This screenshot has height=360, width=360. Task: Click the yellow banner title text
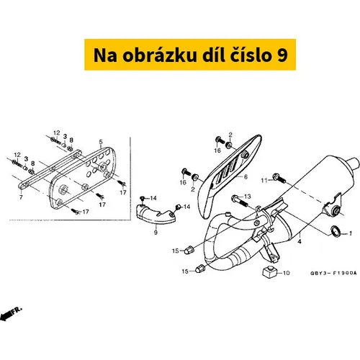[x=190, y=55]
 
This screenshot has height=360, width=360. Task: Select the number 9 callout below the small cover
[x=156, y=233]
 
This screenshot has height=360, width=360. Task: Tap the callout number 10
[x=287, y=273]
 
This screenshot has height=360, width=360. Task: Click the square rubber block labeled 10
[x=269, y=272]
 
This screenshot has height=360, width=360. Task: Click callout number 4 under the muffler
[x=300, y=241]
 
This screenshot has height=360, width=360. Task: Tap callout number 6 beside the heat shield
[x=246, y=177]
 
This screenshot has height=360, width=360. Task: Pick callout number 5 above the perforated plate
[x=101, y=142]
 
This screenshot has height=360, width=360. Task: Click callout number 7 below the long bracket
[x=21, y=197]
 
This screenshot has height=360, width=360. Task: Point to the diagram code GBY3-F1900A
[x=333, y=273]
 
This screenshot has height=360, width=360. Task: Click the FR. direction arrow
[x=11, y=313]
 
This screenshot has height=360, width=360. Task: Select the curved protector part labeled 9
[x=156, y=213]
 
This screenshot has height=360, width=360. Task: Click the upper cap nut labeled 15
[x=189, y=250]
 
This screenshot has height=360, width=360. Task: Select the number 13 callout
[x=247, y=197]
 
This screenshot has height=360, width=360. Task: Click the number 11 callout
[x=264, y=180]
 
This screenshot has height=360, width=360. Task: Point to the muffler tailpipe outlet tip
[x=356, y=163]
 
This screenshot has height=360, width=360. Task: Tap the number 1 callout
[x=351, y=233]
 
